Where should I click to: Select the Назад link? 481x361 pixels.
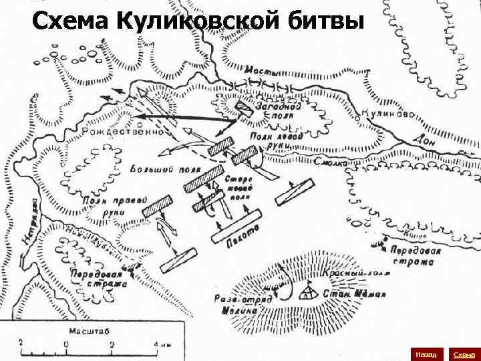pyautogui.click(x=425, y=352)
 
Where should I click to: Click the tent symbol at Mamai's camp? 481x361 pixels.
pyautogui.click(x=307, y=291)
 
